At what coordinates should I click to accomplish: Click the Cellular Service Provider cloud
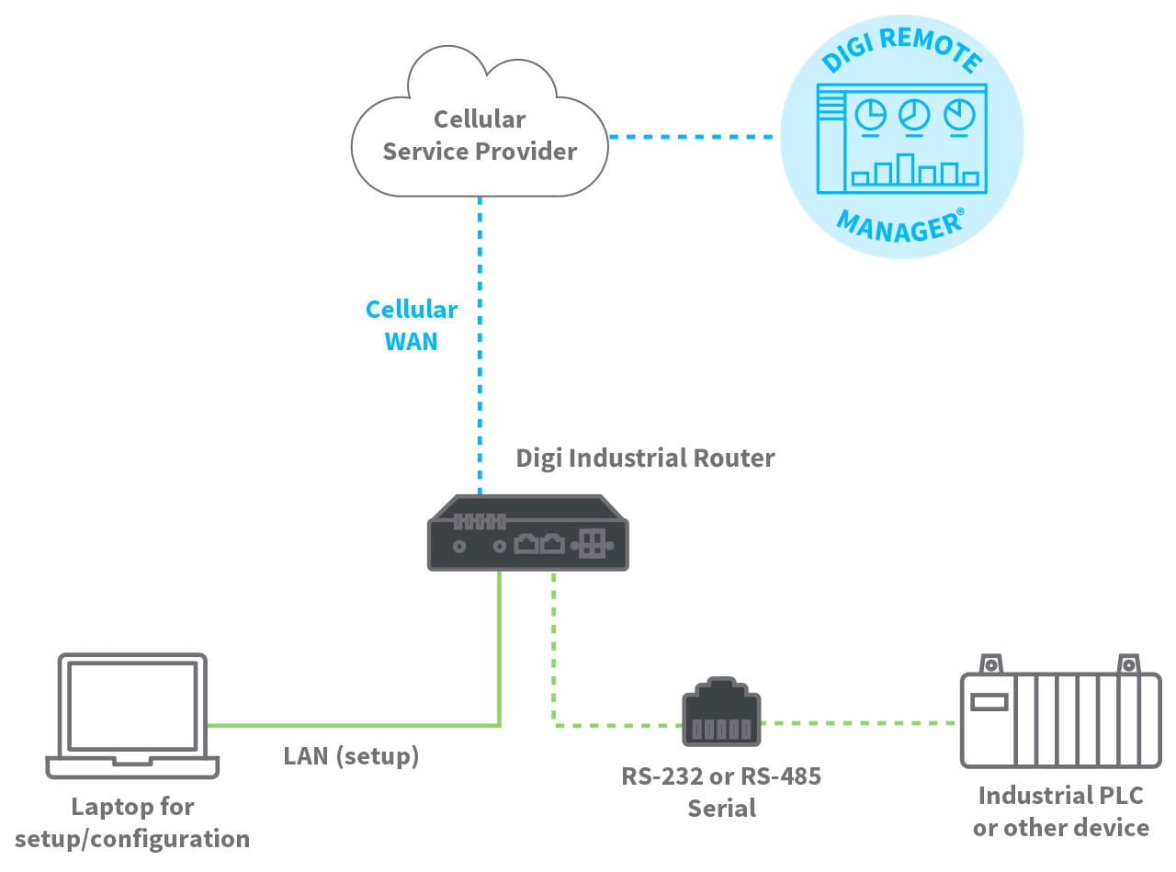click(x=479, y=133)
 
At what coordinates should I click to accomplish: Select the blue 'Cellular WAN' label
click(x=411, y=325)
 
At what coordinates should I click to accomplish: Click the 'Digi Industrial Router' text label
click(x=645, y=458)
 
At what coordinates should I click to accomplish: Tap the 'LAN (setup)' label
click(x=351, y=756)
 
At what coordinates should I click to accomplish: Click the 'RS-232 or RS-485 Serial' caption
click(x=721, y=791)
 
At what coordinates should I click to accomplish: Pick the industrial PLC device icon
click(x=1060, y=718)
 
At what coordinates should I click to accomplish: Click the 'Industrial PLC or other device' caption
click(x=1060, y=811)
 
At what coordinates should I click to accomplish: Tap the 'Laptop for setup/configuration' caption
click(x=132, y=822)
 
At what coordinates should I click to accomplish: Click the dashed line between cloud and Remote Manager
click(x=693, y=138)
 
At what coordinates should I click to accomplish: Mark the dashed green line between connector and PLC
click(x=860, y=723)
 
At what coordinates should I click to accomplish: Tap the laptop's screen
click(x=132, y=703)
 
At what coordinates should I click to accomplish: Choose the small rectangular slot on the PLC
click(x=989, y=703)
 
